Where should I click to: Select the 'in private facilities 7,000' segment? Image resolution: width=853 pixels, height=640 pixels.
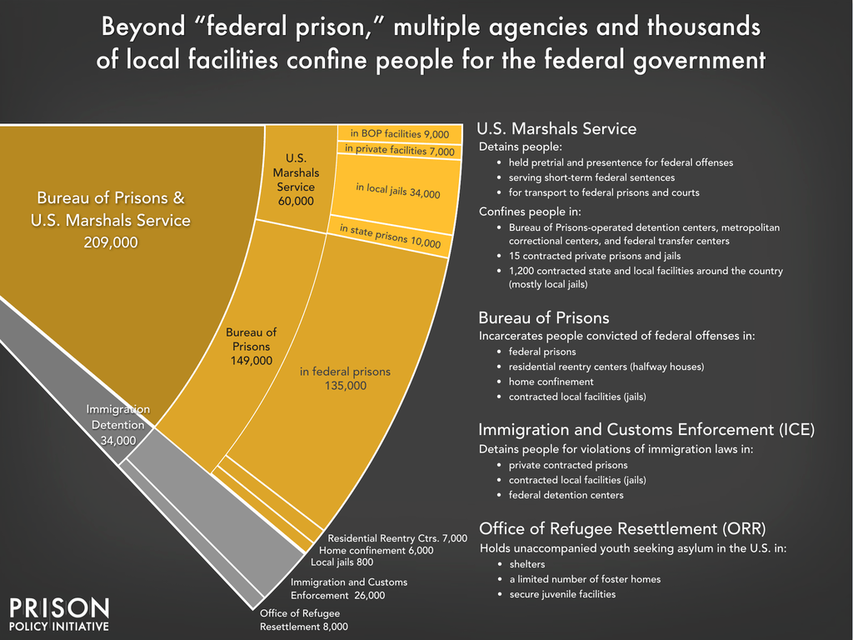click(x=400, y=150)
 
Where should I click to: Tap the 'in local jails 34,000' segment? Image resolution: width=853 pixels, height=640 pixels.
click(x=397, y=191)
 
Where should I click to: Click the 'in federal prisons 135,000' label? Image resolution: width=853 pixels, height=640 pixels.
click(x=345, y=378)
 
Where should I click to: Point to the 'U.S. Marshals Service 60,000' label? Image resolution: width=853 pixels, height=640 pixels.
click(x=296, y=179)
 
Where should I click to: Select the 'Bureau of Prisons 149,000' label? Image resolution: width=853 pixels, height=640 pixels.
click(x=251, y=346)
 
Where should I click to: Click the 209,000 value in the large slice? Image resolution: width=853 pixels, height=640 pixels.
click(x=111, y=242)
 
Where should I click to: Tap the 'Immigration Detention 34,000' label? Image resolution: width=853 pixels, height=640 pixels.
click(x=117, y=424)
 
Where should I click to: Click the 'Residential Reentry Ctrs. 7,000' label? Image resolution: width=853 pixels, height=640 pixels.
click(x=397, y=538)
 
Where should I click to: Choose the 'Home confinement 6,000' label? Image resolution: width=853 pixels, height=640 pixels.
click(x=377, y=550)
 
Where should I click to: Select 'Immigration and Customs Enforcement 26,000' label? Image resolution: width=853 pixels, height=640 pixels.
click(x=349, y=588)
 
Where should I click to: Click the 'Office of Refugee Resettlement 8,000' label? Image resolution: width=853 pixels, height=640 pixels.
click(x=303, y=620)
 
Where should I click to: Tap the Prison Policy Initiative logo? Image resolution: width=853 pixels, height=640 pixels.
click(x=58, y=613)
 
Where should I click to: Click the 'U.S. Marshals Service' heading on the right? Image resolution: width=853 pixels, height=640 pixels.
click(x=556, y=129)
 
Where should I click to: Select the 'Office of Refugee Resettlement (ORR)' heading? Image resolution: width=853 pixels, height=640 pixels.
click(x=622, y=529)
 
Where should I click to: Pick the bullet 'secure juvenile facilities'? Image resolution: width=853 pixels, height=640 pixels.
click(x=561, y=594)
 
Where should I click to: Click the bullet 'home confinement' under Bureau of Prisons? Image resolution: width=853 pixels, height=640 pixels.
click(x=551, y=382)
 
